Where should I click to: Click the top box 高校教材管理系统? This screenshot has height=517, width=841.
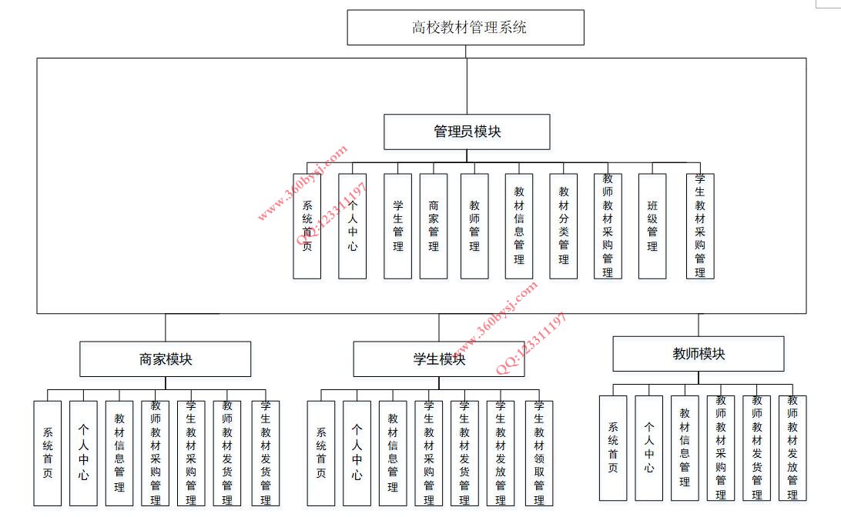coord(465,28)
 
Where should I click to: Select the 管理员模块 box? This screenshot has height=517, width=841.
coord(467,132)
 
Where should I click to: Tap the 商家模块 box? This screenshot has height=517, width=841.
coord(165,359)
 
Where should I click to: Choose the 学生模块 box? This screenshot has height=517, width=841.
coord(439,359)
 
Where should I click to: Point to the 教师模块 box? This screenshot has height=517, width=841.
coord(699,354)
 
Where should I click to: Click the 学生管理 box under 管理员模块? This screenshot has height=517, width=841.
coord(398,226)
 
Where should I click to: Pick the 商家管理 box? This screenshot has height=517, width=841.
coord(434,226)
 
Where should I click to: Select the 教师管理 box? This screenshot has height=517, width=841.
coord(474,226)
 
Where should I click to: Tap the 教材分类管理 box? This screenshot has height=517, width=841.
coord(564,226)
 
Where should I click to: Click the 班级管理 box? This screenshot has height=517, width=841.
coord(652,226)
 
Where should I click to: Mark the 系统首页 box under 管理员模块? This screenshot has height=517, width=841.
coord(307,226)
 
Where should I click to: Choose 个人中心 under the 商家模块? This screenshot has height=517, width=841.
coord(84,453)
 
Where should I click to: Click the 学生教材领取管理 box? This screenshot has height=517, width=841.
coord(539,453)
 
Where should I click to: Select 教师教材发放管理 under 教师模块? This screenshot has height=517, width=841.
coord(792,448)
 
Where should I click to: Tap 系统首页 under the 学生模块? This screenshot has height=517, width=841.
coord(320,453)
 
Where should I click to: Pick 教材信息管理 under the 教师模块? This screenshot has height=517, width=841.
coord(685,448)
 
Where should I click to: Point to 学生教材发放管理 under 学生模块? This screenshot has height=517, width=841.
coord(501,453)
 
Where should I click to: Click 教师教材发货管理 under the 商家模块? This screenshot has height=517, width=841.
coord(227,453)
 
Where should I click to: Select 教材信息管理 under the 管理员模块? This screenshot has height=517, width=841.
coord(519,226)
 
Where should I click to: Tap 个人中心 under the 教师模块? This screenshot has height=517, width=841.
coord(649,448)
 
